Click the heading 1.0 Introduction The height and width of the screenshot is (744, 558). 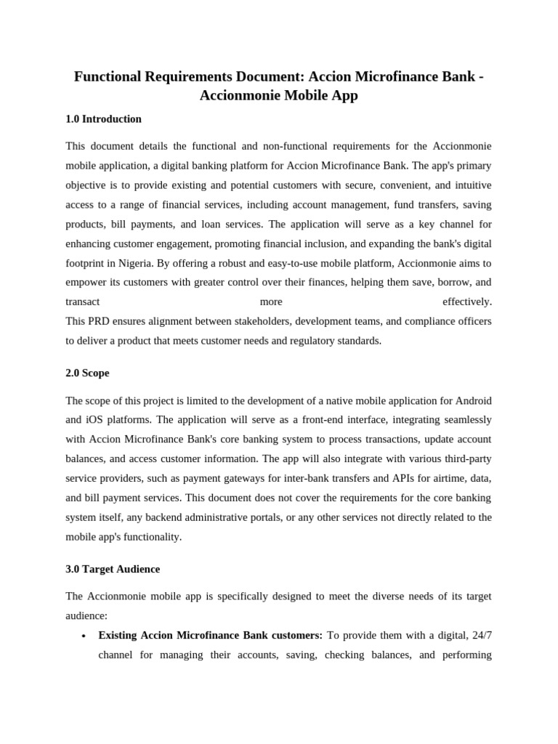point(103,119)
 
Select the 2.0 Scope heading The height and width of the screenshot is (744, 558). point(87,373)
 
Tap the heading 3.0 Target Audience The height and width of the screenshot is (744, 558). point(113,570)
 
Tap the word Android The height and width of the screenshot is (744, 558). point(474,400)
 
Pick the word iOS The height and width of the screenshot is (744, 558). point(93,420)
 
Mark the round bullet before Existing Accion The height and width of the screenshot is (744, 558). point(84,636)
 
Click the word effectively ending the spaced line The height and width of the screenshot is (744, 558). point(466,302)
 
